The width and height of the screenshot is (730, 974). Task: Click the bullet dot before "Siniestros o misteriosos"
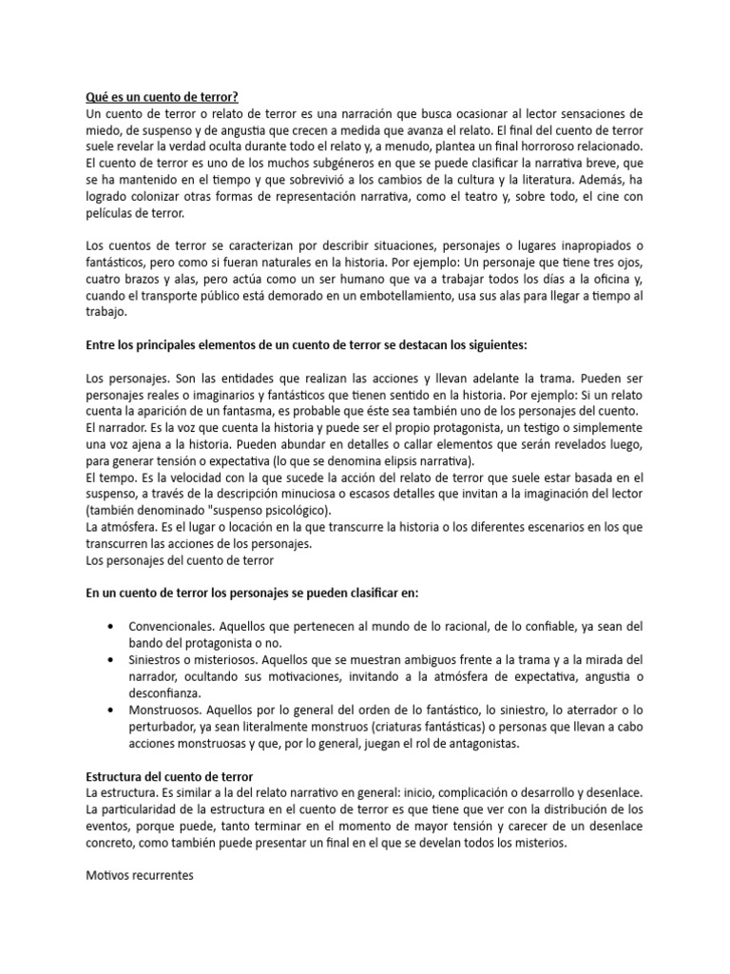(114, 660)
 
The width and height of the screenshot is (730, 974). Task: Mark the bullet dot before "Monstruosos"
(114, 711)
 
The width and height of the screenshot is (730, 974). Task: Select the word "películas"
(110, 213)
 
